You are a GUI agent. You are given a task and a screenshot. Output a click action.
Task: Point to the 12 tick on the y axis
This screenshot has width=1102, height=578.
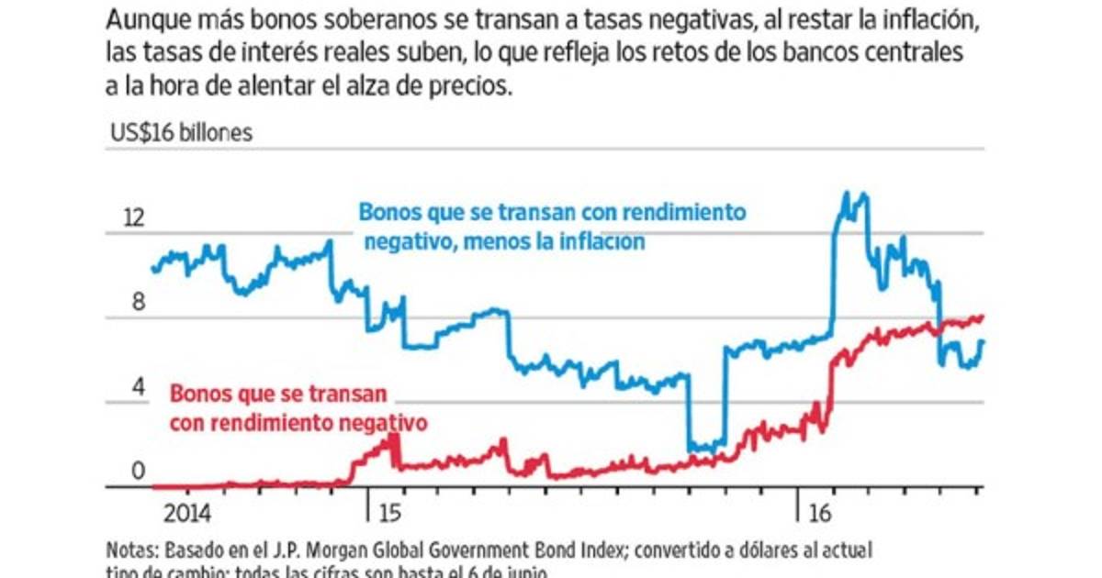pyautogui.click(x=133, y=218)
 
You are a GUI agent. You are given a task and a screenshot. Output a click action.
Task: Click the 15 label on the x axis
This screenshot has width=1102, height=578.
pyautogui.click(x=388, y=512)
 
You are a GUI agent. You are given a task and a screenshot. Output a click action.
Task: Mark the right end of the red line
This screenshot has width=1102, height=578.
pyautogui.click(x=982, y=317)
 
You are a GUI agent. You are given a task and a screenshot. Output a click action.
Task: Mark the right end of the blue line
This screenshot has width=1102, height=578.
pyautogui.click(x=983, y=341)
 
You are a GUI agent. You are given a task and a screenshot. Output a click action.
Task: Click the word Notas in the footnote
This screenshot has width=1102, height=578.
pyautogui.click(x=130, y=551)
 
